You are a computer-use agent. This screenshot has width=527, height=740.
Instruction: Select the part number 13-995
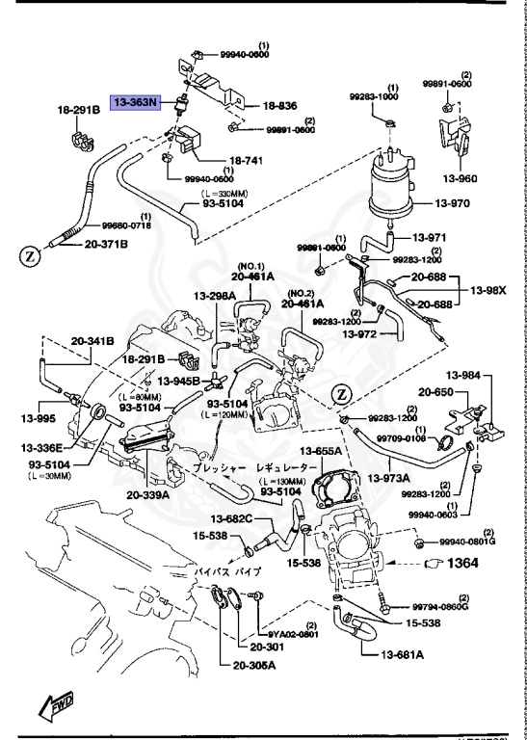tap(40, 418)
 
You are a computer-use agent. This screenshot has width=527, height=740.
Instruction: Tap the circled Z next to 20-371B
tap(28, 257)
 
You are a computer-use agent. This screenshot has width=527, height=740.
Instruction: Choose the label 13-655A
tap(320, 450)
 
